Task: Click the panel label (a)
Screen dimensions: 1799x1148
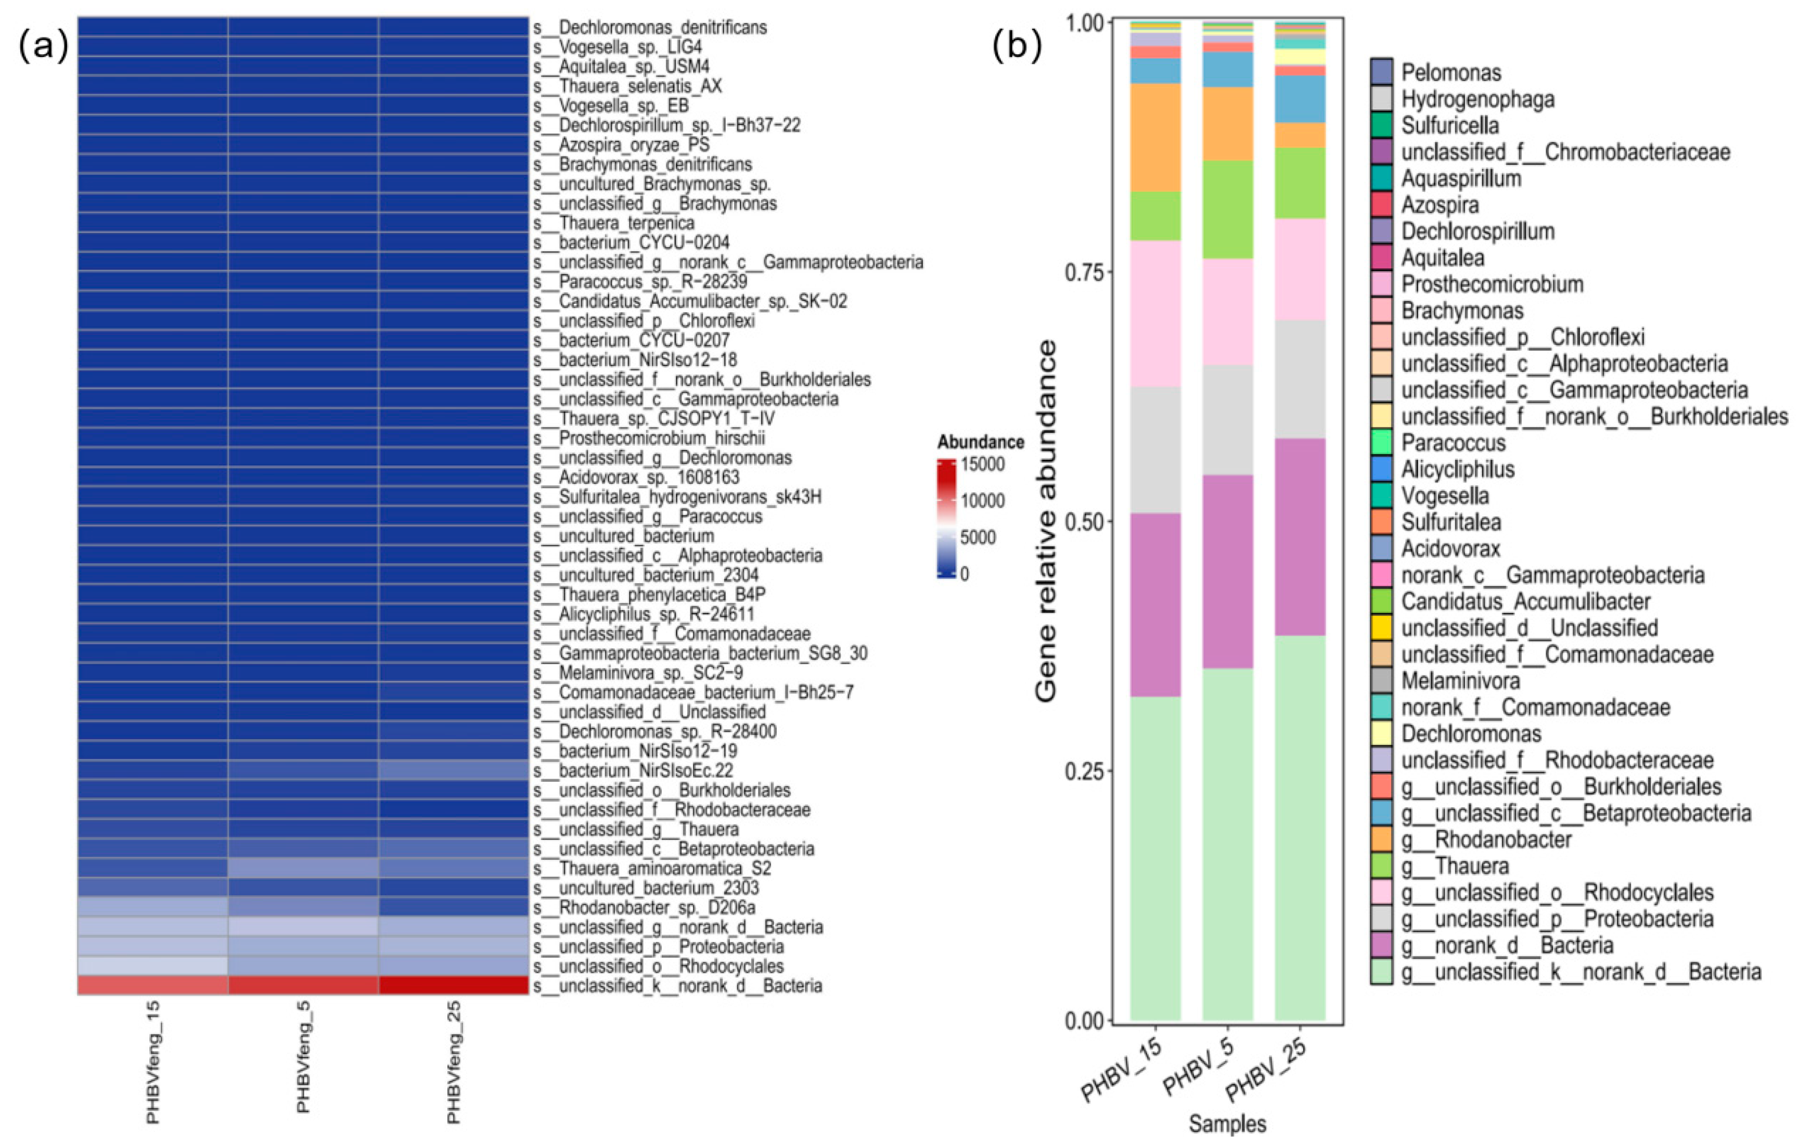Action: coord(43,46)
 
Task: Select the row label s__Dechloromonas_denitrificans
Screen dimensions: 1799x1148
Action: coord(650,28)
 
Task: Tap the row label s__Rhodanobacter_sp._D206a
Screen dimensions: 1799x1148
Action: coord(644,908)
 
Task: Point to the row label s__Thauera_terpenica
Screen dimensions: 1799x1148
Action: coord(613,223)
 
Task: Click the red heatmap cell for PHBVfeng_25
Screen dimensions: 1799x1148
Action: coord(454,985)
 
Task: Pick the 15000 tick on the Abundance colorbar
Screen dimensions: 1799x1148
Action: coord(982,465)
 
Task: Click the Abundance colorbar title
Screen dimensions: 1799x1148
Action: coord(981,442)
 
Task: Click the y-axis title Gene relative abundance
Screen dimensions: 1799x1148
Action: coord(1047,521)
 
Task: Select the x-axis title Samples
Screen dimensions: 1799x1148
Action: coord(1227,1124)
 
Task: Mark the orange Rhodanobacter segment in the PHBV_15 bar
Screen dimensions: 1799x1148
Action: coord(1156,137)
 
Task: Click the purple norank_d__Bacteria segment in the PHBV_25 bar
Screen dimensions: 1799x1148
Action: coord(1300,537)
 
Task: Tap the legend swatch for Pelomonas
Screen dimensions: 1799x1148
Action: coord(1381,72)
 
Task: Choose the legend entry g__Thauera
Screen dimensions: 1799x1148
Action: coord(1455,867)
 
